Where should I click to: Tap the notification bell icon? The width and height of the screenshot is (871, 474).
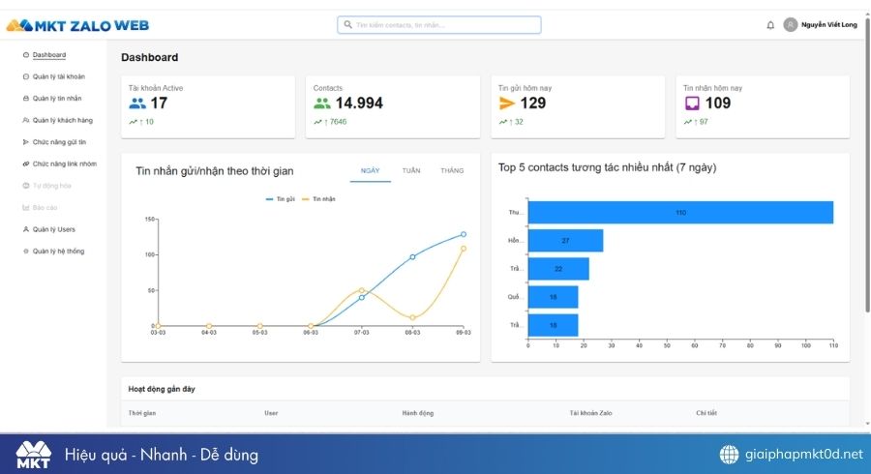pos(770,25)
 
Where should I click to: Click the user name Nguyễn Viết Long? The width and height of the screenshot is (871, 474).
pos(829,25)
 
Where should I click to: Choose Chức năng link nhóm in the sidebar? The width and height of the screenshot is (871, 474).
pos(64,163)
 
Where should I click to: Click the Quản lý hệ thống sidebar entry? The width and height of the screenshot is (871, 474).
pos(58,251)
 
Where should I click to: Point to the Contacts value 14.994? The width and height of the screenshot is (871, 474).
pos(359,104)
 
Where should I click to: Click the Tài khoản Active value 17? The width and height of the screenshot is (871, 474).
pos(159,104)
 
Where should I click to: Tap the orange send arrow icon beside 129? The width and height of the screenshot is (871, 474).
pos(507,104)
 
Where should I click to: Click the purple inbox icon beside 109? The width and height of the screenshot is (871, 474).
pos(692,104)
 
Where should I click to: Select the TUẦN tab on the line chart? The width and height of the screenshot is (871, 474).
pos(411,170)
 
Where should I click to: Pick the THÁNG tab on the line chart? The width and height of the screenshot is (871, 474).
pos(452,170)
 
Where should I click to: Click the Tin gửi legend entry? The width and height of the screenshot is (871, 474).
pos(280,199)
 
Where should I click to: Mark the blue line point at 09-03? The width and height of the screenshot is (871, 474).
pos(464,234)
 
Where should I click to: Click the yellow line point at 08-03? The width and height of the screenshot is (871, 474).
pos(412,317)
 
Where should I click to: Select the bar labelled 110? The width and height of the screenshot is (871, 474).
pos(680,212)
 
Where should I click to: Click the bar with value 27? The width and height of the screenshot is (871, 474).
pos(565,240)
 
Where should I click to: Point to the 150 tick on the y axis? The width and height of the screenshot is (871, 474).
pos(150,219)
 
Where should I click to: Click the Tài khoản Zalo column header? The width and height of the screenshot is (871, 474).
pos(590,413)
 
